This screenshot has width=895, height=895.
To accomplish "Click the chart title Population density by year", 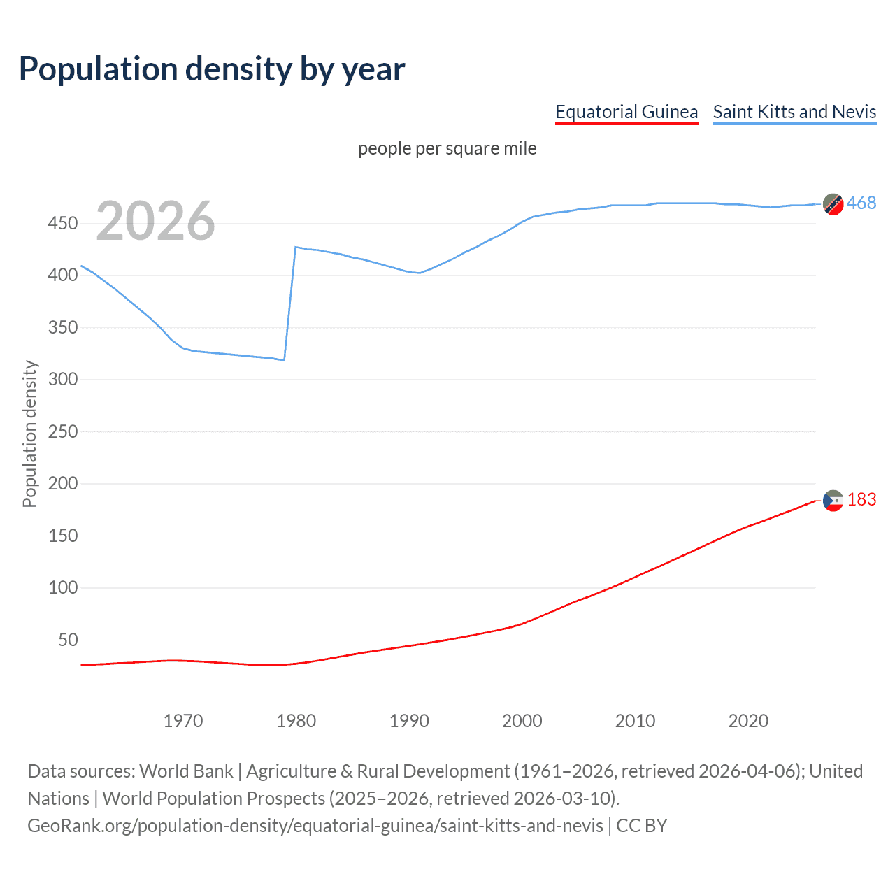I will coord(212,69).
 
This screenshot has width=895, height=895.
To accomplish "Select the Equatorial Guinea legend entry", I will coord(626,112).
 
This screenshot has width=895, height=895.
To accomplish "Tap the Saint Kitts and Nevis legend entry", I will coord(794,112).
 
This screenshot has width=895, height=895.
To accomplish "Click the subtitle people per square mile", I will coord(447,148).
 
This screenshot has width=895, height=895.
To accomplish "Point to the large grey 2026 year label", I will coord(155,221).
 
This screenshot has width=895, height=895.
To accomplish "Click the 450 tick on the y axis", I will coord(62,224).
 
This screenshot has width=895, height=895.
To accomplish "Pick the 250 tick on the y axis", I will coord(62,431).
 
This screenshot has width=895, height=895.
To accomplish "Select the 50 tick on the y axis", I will coord(68,640).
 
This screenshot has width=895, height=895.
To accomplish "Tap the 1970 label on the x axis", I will coord(183,721).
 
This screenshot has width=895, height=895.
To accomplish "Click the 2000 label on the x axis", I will coord(522,721).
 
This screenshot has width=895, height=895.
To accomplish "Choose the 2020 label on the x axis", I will coord(748,721).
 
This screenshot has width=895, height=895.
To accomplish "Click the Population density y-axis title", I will coord(29,434).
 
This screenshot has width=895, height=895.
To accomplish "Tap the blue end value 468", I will coord(861,203).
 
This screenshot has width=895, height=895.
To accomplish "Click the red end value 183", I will coord(861,499).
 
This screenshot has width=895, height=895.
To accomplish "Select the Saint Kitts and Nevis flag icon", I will coord(833,204).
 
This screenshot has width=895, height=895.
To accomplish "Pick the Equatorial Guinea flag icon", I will coord(833,501).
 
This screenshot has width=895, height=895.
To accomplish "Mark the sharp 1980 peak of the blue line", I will coord(296,247).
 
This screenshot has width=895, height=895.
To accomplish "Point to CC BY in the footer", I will coord(641,826).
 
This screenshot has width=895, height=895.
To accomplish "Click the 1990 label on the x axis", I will coord(409,721).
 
